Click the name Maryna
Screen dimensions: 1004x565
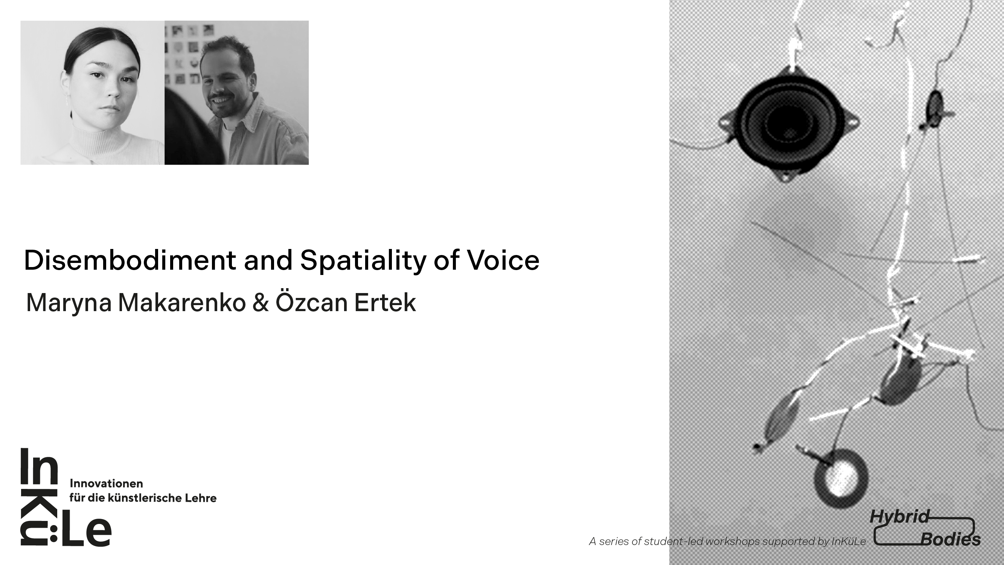[69, 303]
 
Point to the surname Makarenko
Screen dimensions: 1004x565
[181, 302]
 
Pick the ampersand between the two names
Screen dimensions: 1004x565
[261, 303]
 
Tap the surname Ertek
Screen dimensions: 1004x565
[385, 302]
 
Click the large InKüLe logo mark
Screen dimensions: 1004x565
[66, 497]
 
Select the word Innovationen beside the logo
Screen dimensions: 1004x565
[106, 484]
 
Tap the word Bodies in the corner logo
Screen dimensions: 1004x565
[950, 540]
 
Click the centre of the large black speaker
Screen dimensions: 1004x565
[789, 122]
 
